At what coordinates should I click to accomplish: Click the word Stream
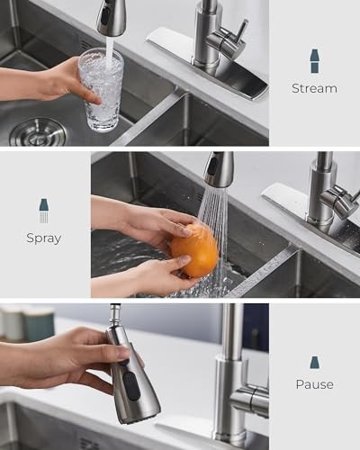314,88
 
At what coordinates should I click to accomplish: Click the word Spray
43,238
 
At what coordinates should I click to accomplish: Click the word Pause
314,384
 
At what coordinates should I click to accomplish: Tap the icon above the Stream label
314,61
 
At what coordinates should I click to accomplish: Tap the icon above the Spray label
43,211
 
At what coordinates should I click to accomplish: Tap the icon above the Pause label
314,362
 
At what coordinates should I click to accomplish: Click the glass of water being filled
101,90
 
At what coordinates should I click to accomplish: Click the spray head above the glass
112,17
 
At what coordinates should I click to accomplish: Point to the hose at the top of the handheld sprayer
115,314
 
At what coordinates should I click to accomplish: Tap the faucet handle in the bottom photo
250,399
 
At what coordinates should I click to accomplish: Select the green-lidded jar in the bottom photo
38,324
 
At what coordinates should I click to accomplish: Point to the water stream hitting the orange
214,211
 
